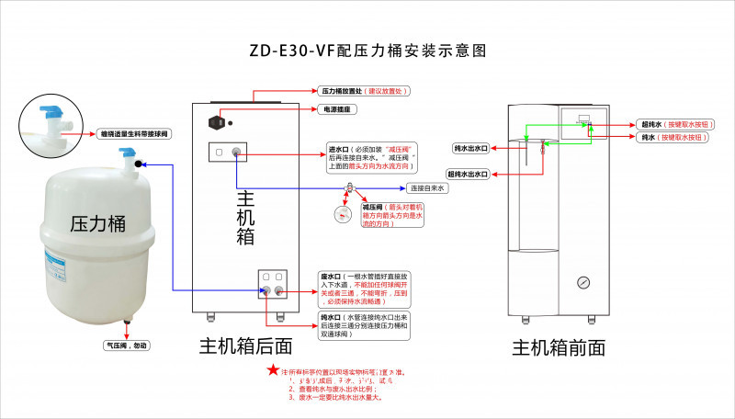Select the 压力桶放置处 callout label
363,92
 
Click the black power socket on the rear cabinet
219,121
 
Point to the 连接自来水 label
426,188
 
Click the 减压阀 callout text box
393,215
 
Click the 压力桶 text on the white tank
98,223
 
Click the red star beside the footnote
273,370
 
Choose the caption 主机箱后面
246,345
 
